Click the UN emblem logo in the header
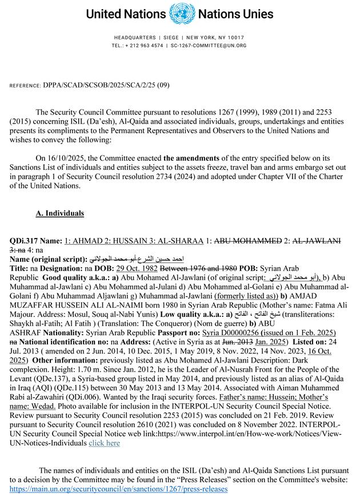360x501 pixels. pyautogui.click(x=181, y=13)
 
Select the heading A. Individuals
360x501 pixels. pyautogui.click(x=59, y=213)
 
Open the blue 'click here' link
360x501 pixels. pyautogui.click(x=104, y=443)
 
